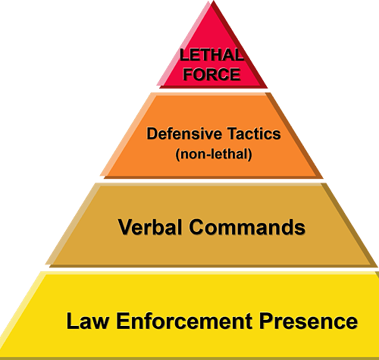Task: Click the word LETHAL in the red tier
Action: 211,55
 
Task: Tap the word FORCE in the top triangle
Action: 211,74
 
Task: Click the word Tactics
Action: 254,133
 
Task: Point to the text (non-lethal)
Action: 214,154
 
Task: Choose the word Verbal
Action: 150,227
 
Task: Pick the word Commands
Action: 247,227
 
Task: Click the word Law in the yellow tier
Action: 88,321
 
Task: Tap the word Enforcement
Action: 184,321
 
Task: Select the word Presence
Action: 309,321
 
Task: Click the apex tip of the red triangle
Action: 214,1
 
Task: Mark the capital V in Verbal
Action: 125,227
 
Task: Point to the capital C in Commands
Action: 197,227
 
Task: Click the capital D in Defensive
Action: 152,133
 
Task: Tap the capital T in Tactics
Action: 232,133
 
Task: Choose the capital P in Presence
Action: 266,321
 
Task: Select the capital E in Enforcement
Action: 123,321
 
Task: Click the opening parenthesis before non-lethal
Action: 177,155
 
